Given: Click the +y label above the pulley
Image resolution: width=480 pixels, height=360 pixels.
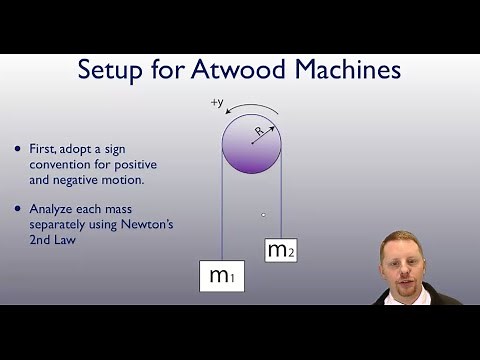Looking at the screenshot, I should [217, 102].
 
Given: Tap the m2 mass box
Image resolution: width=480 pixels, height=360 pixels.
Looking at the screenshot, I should [281, 250].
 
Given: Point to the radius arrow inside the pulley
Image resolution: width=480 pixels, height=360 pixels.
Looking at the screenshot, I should [262, 137].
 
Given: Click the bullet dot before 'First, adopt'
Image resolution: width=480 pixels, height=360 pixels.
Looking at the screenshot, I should [17, 148].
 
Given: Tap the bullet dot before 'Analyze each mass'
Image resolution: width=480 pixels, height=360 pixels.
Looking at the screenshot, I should [17, 208].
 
